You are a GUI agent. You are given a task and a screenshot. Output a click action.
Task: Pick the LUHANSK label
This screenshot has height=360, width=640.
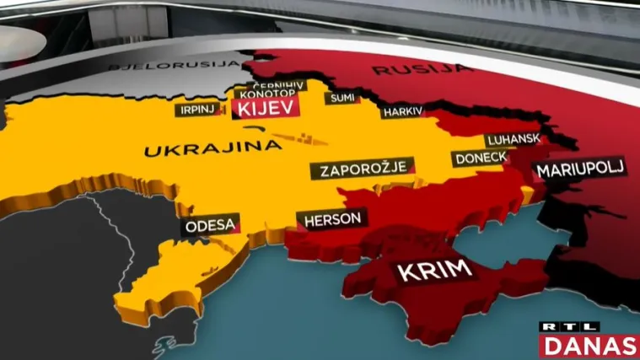(512, 141)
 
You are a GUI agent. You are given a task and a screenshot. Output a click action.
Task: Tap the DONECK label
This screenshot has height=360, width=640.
(480, 158)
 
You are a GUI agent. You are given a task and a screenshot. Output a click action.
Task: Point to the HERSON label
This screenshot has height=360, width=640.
(333, 219)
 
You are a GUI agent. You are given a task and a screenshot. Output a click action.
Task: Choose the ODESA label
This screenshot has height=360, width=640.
(208, 226)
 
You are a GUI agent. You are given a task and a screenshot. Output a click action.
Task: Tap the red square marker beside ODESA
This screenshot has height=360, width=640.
(239, 228)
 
